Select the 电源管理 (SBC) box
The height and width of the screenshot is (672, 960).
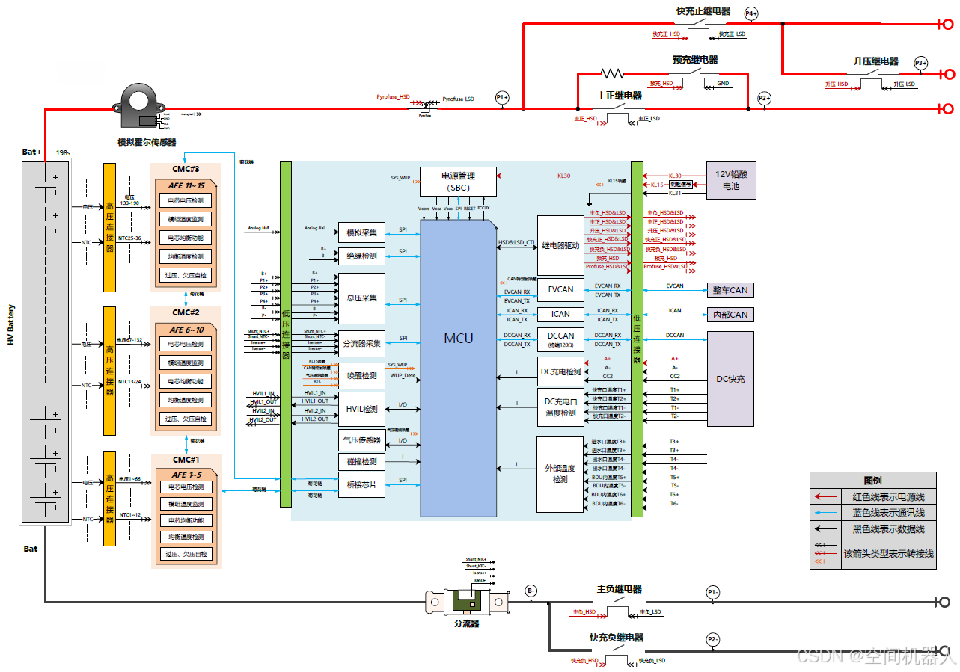(458, 181)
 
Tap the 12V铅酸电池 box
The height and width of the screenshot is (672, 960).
(730, 181)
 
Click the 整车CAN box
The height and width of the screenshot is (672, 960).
(730, 290)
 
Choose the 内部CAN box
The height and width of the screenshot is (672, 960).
(730, 315)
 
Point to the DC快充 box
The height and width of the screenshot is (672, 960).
(730, 379)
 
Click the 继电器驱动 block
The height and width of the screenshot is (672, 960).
(560, 245)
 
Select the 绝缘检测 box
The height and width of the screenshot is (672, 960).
(362, 256)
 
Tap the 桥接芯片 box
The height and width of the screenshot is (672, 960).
(362, 484)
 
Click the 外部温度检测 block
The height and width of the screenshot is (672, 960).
(560, 474)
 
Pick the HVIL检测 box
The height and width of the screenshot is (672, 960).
(362, 409)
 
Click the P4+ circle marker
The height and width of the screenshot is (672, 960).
(751, 13)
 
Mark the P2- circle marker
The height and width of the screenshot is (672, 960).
(713, 639)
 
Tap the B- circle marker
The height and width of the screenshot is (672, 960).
(531, 591)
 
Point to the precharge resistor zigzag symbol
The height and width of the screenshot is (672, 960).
(612, 73)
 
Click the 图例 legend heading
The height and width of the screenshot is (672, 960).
(872, 480)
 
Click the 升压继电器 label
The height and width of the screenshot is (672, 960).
(875, 61)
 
